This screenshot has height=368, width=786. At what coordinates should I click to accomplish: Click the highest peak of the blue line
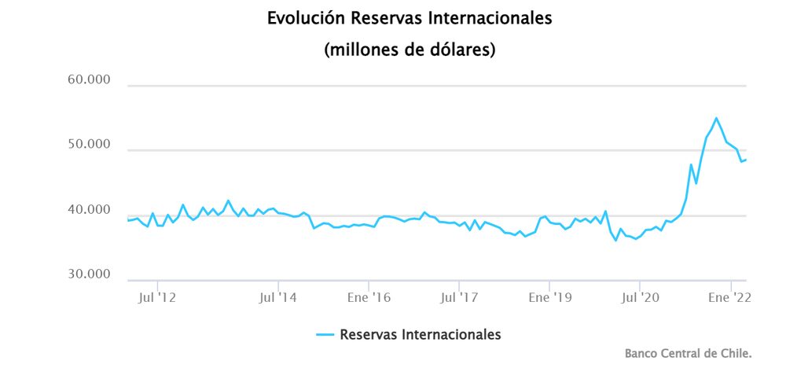tap(716, 118)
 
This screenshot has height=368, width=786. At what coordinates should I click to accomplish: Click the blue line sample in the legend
tap(325, 334)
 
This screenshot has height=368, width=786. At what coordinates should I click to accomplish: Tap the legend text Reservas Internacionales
tap(420, 334)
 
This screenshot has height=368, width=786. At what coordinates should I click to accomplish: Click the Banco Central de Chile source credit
tap(688, 354)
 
